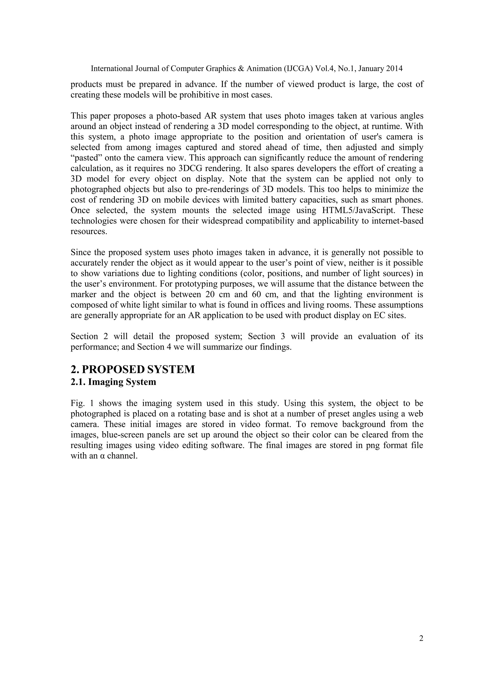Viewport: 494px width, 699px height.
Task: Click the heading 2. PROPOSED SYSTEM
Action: tap(133, 369)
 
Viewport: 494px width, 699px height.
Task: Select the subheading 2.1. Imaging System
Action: tap(113, 382)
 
